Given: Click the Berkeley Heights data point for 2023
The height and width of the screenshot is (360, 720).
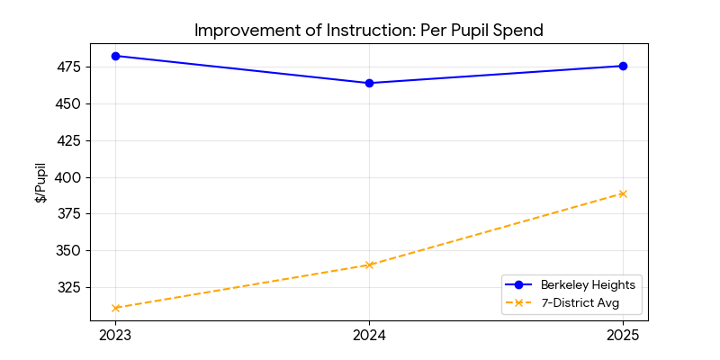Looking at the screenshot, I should point(115,56).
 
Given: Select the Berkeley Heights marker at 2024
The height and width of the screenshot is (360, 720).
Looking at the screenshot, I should point(369,83).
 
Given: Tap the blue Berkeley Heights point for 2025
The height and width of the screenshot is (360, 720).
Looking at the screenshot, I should point(623,66).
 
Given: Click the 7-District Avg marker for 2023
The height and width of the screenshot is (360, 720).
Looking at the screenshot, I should point(115,308).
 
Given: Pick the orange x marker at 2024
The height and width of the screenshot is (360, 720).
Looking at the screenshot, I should point(369,265).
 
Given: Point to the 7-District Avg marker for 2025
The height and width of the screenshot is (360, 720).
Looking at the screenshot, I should point(623,193).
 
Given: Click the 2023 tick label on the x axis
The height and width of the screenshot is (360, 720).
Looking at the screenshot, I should point(115,336).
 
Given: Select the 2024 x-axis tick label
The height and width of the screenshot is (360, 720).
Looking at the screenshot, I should point(369,336).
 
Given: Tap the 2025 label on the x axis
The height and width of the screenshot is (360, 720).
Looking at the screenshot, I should point(623,336).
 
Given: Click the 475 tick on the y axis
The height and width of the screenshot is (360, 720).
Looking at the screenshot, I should point(69,67).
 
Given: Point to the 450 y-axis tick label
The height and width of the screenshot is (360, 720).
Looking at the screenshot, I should point(69,104).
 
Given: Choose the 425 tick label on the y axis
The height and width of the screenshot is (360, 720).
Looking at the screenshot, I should point(69,141).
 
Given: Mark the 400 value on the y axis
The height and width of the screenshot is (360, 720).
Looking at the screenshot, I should point(69,177).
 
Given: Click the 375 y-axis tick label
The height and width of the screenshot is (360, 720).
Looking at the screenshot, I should point(69,214).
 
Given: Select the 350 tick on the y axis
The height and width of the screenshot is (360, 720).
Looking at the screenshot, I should point(69,251).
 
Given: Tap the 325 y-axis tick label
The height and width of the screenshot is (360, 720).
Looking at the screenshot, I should point(69,288).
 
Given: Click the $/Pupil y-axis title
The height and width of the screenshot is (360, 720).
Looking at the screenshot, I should point(40,183).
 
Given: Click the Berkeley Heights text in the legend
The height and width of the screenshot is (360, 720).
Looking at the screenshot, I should point(588,285).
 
